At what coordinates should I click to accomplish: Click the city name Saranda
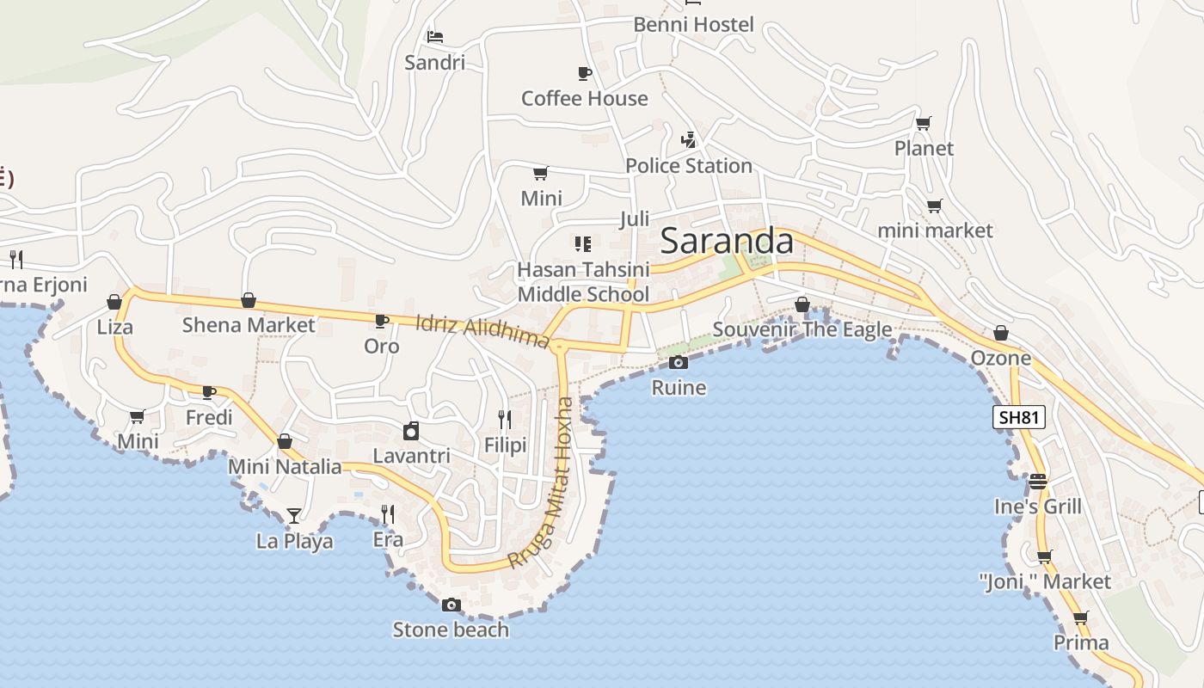[727, 241]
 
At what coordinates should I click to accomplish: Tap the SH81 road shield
[1018, 418]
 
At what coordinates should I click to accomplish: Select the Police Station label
[689, 166]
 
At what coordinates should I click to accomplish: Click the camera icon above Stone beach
[451, 605]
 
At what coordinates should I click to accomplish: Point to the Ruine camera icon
[679, 362]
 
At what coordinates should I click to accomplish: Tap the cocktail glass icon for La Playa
[294, 516]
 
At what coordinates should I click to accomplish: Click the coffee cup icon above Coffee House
[585, 73]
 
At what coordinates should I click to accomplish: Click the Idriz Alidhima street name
[482, 331]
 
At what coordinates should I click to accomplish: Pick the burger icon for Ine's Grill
[1038, 481]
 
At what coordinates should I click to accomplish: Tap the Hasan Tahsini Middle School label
[583, 282]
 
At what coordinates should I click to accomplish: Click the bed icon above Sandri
[435, 37]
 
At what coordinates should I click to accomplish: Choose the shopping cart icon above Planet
[924, 124]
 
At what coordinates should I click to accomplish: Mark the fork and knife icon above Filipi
[505, 420]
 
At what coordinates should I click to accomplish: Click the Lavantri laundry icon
[411, 431]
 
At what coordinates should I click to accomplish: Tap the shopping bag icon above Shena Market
[249, 300]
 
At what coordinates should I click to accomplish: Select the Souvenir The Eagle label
[802, 329]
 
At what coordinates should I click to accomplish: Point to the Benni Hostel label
[693, 25]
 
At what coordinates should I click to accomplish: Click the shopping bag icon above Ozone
[1001, 333]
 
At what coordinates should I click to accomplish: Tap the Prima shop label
[1081, 642]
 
